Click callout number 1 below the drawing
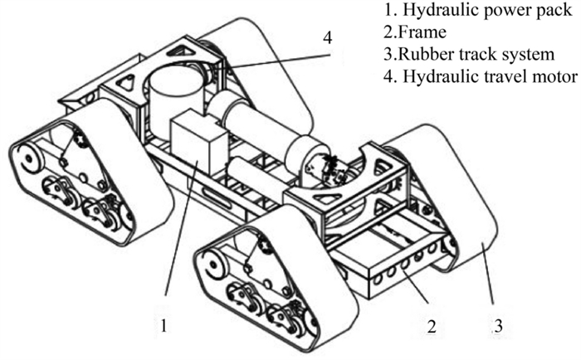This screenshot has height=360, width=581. point(166,326)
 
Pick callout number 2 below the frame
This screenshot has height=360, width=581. point(431,326)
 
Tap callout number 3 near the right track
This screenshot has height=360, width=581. point(497,326)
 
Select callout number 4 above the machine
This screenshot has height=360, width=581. point(328,37)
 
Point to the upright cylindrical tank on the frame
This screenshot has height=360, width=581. point(176,91)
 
